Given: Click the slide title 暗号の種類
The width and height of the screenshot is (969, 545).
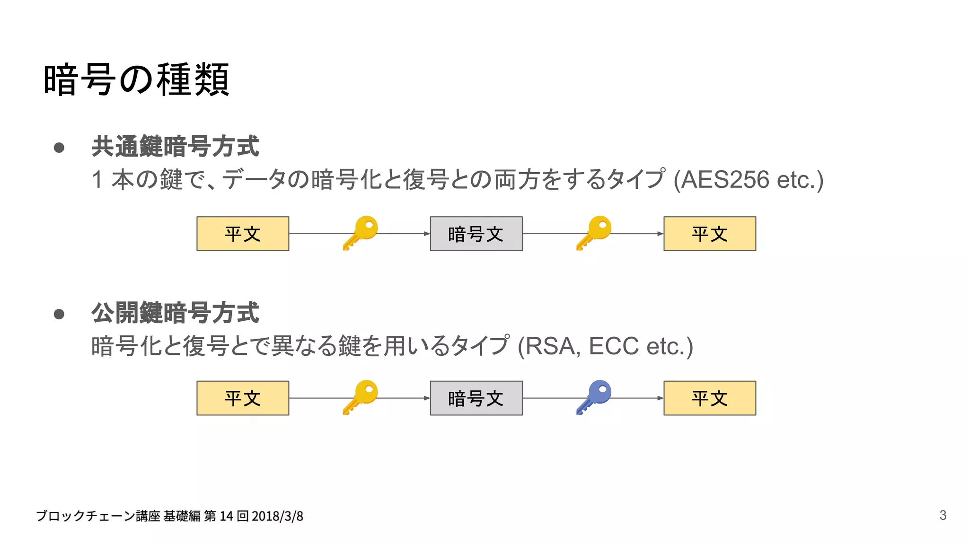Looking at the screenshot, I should [136, 79].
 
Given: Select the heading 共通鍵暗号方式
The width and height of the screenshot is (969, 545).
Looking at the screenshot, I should [175, 146].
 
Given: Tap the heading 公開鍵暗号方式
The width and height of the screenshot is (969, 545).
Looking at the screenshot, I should [175, 313].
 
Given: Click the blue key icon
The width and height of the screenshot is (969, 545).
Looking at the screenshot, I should [594, 396].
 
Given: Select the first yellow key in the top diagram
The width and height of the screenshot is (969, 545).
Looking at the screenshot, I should [361, 232].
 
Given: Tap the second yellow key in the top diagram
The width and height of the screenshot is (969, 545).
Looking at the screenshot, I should [594, 232].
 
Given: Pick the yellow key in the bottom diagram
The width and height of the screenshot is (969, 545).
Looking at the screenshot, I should [361, 396].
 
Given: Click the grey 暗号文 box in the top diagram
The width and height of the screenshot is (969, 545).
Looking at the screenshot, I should [476, 234].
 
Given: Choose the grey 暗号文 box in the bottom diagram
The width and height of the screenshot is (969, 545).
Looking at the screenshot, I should [476, 398].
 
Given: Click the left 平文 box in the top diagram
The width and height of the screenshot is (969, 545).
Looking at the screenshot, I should [243, 234].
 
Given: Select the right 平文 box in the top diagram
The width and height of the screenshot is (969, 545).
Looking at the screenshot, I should [710, 234].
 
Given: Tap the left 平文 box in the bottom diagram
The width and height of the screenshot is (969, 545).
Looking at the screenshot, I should [243, 398].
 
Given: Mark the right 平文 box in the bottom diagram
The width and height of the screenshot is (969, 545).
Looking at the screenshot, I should [710, 398].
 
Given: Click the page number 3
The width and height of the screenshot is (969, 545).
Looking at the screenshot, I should [943, 515].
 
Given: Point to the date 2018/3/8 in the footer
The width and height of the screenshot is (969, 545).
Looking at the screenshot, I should [277, 516].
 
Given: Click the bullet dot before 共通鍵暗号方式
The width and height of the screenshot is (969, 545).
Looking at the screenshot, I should [59, 148].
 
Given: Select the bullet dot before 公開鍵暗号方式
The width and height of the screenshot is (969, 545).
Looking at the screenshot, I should [59, 314].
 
